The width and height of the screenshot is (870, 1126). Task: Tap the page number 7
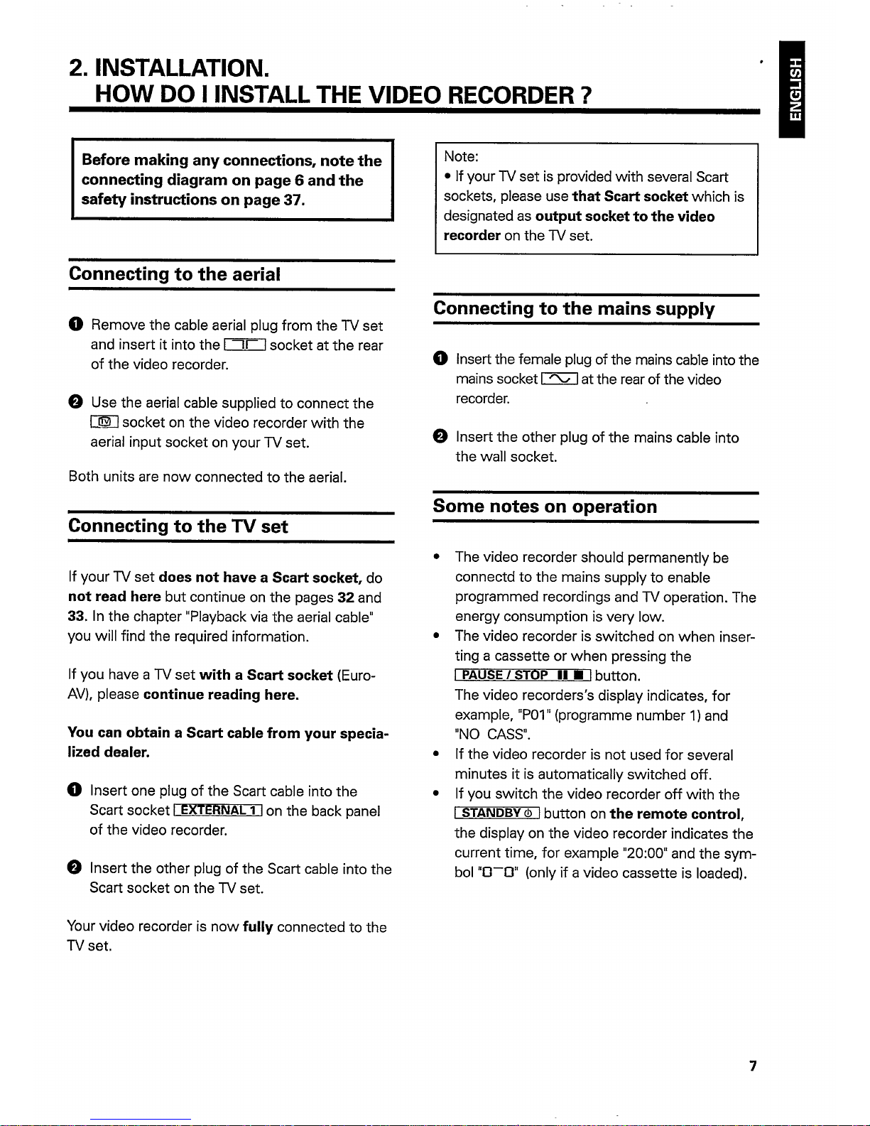tap(753, 1066)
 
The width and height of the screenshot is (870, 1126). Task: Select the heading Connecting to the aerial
tap(175, 274)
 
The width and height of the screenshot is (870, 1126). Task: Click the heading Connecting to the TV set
tap(178, 526)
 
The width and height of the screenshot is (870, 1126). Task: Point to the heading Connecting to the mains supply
tap(574, 308)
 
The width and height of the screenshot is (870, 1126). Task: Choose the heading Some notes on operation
tap(545, 507)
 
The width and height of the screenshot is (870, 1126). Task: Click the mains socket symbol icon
tap(559, 379)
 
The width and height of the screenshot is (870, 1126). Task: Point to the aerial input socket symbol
tap(244, 346)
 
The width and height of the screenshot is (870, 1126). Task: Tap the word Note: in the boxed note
tap(461, 156)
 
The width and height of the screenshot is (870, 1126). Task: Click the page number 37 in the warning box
tap(293, 200)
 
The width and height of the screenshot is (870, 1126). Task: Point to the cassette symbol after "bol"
tap(499, 873)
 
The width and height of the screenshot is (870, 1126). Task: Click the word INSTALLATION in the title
tap(182, 69)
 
